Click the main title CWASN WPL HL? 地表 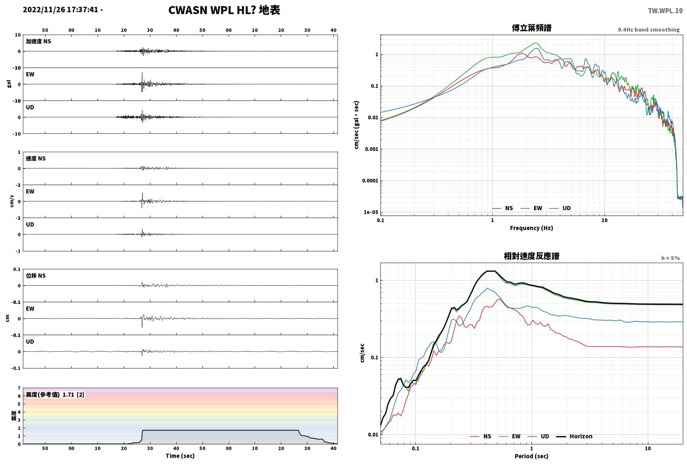click(224, 10)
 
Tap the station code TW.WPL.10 click(665, 11)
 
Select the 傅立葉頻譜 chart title click(532, 28)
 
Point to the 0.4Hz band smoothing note click(649, 30)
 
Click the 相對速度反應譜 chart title click(532, 256)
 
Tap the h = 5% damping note click(670, 258)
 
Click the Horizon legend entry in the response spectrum click(575, 436)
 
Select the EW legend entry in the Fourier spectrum click(532, 208)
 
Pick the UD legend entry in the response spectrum click(539, 436)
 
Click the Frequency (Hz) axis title click(532, 228)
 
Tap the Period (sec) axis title click(532, 456)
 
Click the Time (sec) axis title click(180, 456)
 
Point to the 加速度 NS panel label click(38, 41)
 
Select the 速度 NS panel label click(35, 159)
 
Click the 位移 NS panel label click(35, 276)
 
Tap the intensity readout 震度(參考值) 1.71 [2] click(55, 395)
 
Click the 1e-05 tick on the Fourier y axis click(370, 212)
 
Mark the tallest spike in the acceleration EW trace click(142, 73)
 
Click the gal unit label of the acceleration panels click(9, 84)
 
